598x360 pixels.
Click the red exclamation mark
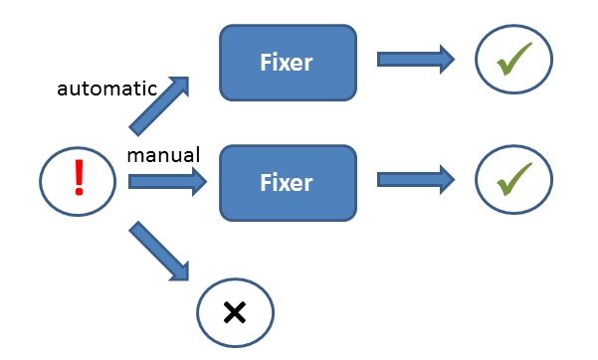[x=80, y=178]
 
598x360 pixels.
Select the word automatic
[x=106, y=89]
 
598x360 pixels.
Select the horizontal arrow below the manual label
[x=166, y=182]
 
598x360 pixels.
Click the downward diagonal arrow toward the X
[x=159, y=251]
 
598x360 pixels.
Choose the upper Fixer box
[x=287, y=63]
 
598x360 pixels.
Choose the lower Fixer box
[x=287, y=182]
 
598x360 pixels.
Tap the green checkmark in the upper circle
[x=513, y=61]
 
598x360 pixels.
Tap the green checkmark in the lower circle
[x=513, y=180]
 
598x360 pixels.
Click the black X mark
[x=235, y=312]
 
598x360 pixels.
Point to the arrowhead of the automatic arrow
[x=179, y=86]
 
